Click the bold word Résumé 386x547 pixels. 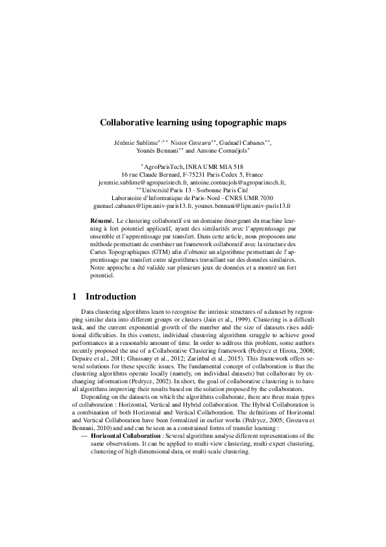click(102, 222)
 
